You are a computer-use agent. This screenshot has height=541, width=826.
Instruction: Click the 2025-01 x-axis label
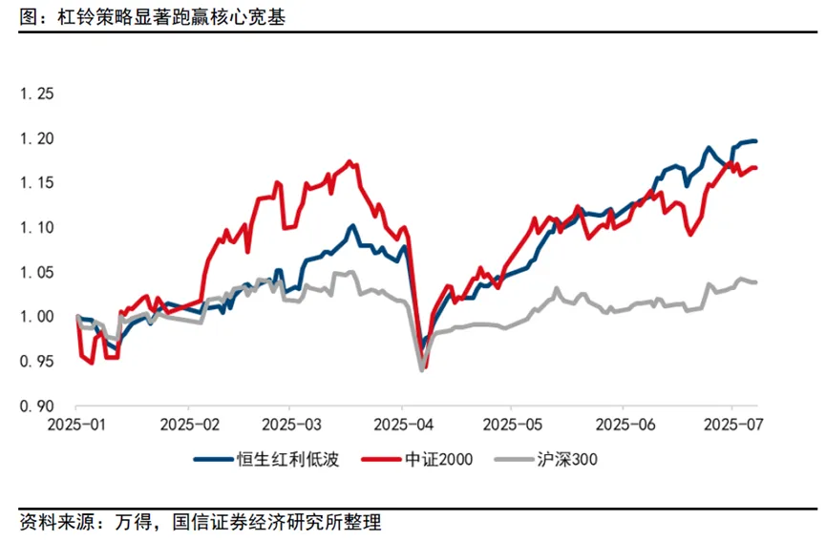coord(78,422)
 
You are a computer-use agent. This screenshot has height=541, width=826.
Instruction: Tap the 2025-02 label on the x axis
coord(189,422)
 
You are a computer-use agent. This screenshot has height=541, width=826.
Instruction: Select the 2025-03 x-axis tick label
coord(290,422)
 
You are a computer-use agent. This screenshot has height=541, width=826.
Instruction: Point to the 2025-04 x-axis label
coord(402,422)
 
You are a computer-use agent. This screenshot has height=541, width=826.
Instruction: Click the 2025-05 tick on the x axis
coord(510,422)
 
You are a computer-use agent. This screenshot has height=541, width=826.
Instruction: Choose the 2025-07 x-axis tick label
coord(730,422)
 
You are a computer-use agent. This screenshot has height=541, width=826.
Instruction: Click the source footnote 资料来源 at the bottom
coord(201,522)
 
